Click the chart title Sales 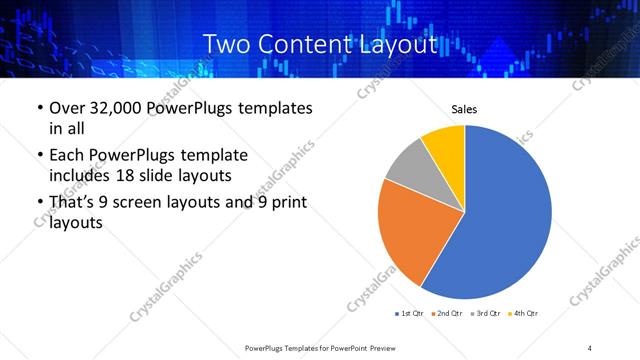click(465, 108)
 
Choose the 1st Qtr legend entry click(411, 314)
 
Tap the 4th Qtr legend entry click(524, 314)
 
